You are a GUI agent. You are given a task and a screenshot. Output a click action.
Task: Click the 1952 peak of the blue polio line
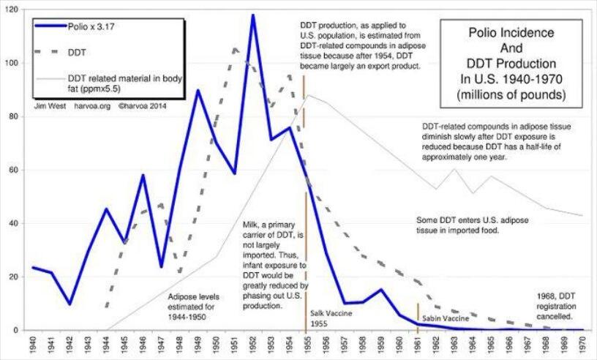253,15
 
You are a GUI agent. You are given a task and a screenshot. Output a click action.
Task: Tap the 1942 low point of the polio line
70,304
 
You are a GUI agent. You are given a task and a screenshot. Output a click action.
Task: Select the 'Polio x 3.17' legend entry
74,26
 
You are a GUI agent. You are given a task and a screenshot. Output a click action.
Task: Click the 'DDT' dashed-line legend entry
60,52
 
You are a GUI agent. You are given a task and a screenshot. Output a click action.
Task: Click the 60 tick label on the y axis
14,170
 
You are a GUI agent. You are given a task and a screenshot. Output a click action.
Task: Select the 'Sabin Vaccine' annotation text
446,318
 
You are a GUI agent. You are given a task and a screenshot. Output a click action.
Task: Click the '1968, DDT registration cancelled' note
556,307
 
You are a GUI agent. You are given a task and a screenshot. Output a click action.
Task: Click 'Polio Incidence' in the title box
511,33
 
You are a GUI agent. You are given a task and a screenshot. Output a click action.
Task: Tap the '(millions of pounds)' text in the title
511,94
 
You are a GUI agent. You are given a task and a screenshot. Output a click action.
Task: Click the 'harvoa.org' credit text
92,106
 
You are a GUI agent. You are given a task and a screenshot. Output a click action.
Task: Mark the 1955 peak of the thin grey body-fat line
308,95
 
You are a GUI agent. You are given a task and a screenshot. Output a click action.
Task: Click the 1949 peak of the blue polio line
198,90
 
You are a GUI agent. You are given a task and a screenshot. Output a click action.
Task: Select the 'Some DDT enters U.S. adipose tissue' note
472,225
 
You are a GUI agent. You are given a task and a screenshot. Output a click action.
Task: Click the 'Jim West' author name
50,106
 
